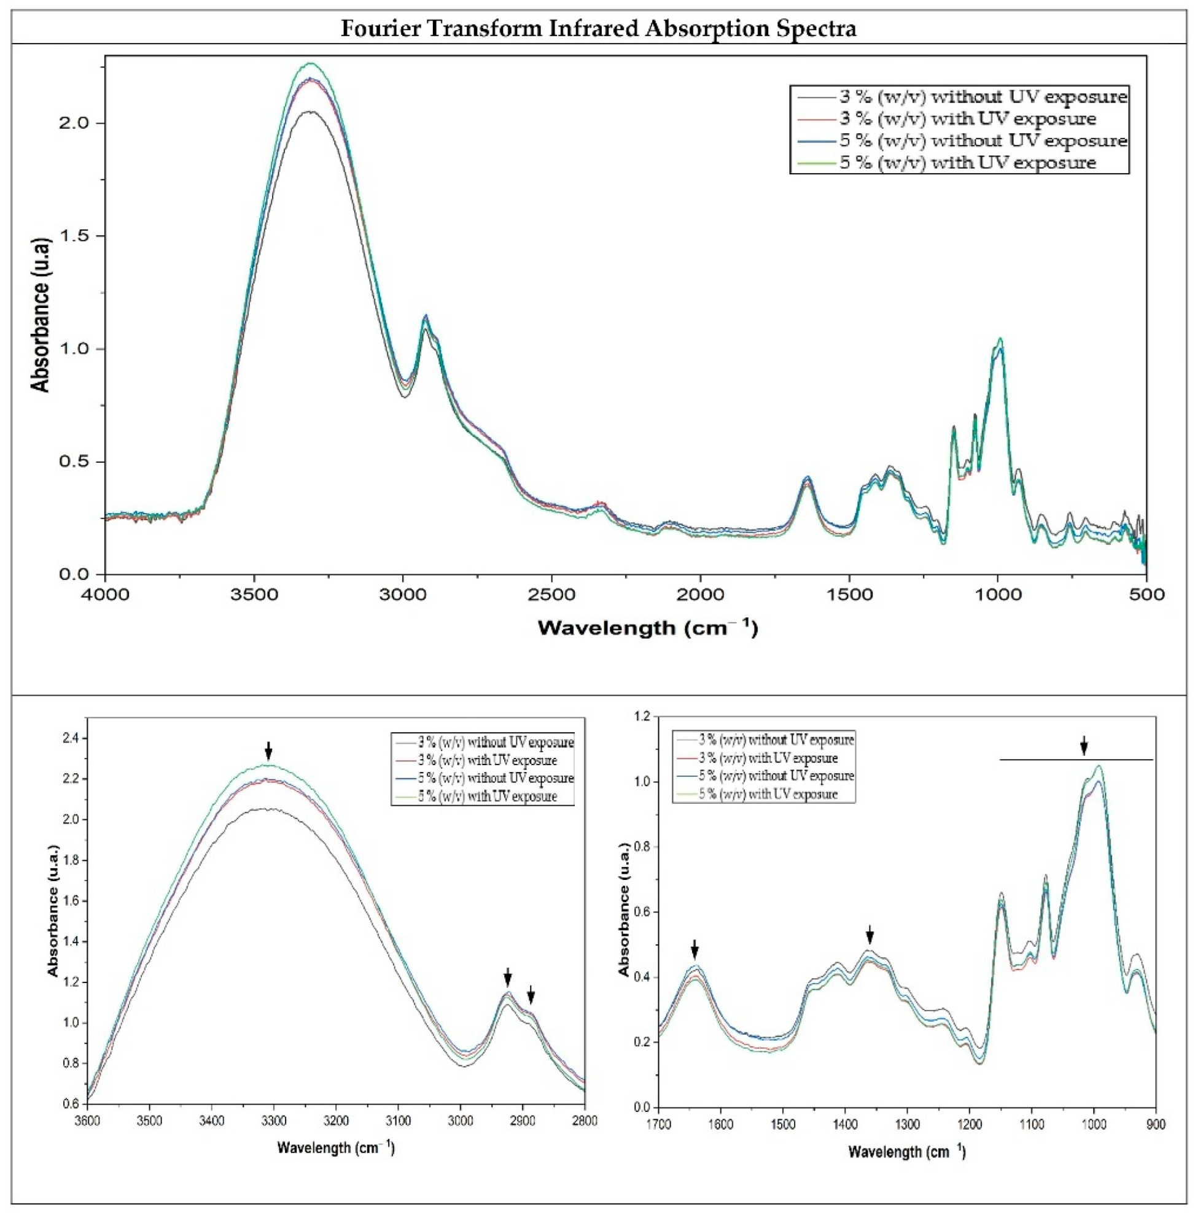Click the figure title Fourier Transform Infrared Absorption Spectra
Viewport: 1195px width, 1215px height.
(597, 28)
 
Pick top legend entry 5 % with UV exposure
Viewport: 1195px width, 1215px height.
(967, 163)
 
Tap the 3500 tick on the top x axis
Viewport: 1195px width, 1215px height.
(254, 593)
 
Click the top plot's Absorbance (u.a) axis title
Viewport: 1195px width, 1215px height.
(41, 315)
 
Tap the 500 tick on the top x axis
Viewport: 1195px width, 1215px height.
(1146, 593)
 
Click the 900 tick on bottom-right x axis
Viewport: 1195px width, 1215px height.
(1156, 1124)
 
